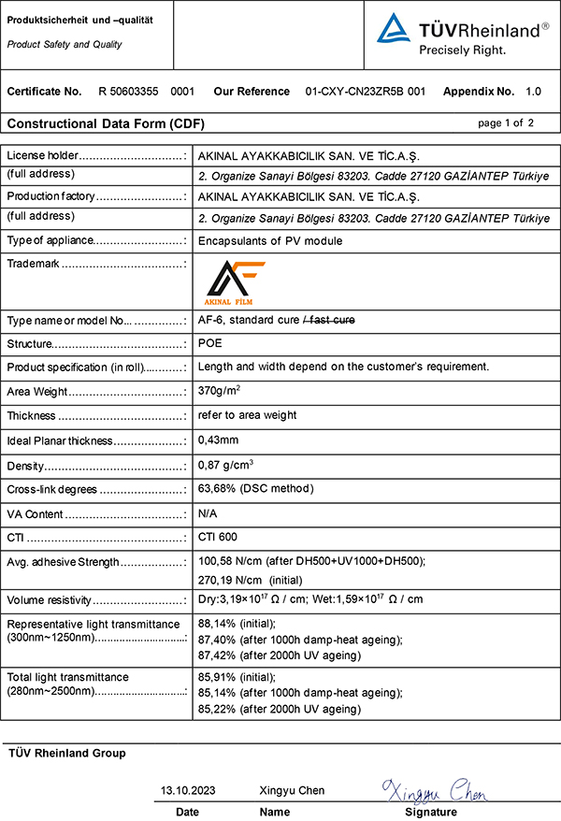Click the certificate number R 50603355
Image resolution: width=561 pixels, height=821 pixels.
(135, 92)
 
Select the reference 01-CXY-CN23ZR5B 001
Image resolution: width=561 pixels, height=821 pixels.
(366, 92)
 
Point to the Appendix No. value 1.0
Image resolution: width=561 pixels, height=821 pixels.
(533, 92)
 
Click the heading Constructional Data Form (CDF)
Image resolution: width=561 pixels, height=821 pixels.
(106, 123)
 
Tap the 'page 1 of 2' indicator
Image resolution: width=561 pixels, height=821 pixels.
(506, 122)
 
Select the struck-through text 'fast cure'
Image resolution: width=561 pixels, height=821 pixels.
(332, 321)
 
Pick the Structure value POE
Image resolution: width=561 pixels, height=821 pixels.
(210, 344)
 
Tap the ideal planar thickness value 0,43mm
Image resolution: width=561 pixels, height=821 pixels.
(219, 440)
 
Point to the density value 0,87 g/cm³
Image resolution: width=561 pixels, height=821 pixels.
(227, 465)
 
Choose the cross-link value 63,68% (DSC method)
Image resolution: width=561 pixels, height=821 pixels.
(255, 489)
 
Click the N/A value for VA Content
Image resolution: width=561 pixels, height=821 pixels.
(209, 513)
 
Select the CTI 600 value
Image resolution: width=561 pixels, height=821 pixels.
(218, 538)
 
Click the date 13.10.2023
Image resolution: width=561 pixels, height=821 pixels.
(188, 790)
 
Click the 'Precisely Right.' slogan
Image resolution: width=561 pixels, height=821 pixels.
(462, 49)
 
